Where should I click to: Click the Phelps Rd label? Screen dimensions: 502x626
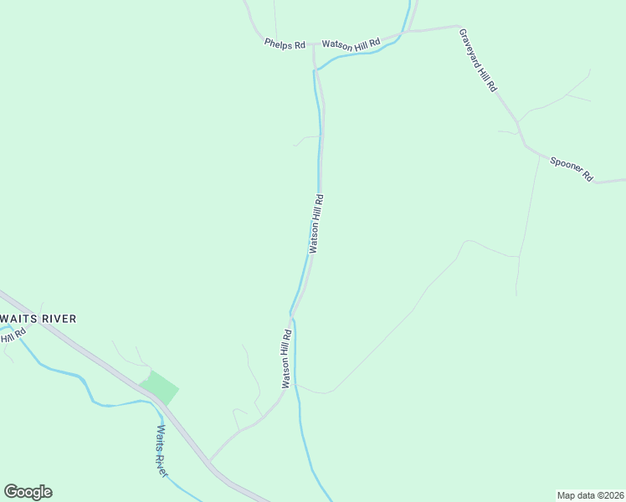pyautogui.click(x=285, y=44)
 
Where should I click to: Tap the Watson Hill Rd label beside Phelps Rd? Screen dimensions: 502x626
pyautogui.click(x=351, y=44)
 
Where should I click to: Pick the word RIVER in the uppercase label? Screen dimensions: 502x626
pyautogui.click(x=60, y=319)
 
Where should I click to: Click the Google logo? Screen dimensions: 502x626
pyautogui.click(x=28, y=492)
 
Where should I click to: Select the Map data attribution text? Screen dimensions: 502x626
pyautogui.click(x=577, y=494)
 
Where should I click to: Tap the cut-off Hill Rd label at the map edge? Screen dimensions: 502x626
pyautogui.click(x=12, y=336)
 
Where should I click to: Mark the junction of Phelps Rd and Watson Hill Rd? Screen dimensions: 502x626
pyautogui.click(x=314, y=44)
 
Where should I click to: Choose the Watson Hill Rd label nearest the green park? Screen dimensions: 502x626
pyautogui.click(x=286, y=359)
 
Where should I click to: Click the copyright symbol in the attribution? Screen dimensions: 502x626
pyautogui.click(x=599, y=494)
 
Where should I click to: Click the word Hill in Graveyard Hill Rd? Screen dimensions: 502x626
pyautogui.click(x=484, y=71)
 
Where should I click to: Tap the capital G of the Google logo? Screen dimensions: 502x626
pyautogui.click(x=11, y=491)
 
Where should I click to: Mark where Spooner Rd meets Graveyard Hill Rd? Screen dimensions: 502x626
pyautogui.click(x=525, y=145)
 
